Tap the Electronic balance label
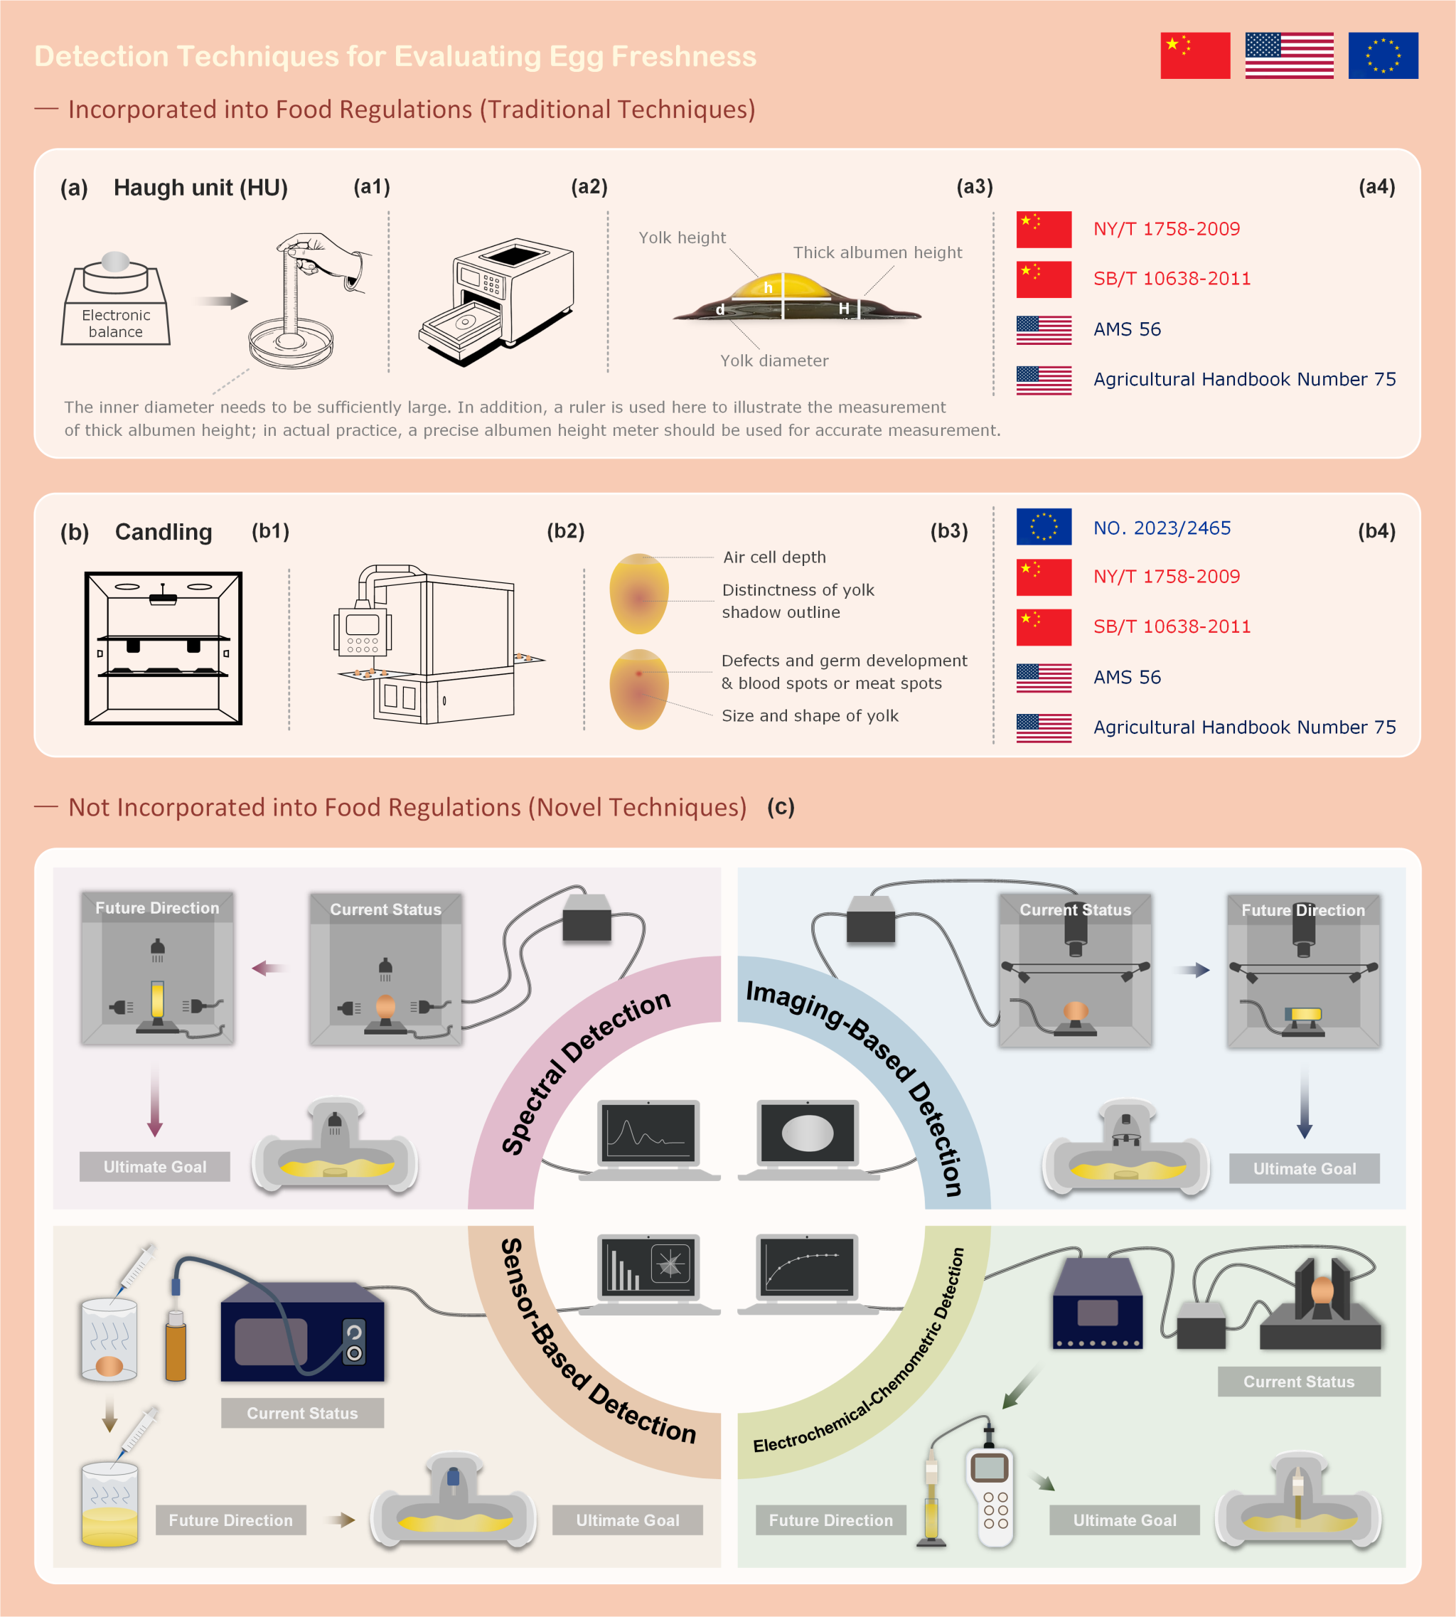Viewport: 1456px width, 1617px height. click(x=116, y=324)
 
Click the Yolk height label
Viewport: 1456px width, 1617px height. click(x=682, y=238)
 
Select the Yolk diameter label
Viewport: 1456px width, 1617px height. click(x=773, y=360)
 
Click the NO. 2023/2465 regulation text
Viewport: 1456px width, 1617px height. click(x=1162, y=528)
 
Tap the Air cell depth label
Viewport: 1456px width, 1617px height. click(x=773, y=557)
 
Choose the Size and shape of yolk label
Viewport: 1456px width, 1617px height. click(x=810, y=715)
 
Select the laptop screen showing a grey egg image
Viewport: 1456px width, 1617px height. click(x=807, y=1132)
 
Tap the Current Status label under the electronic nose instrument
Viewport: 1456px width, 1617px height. click(x=301, y=1413)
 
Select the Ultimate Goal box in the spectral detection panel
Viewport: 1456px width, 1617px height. click(x=154, y=1167)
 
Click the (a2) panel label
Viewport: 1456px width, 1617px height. click(x=589, y=186)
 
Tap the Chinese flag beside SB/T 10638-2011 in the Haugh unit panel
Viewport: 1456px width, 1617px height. click(x=1043, y=279)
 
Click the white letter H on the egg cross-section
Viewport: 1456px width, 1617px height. click(x=843, y=308)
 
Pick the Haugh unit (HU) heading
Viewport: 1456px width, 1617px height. click(x=200, y=187)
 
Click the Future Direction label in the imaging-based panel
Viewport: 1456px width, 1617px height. click(x=1302, y=909)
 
